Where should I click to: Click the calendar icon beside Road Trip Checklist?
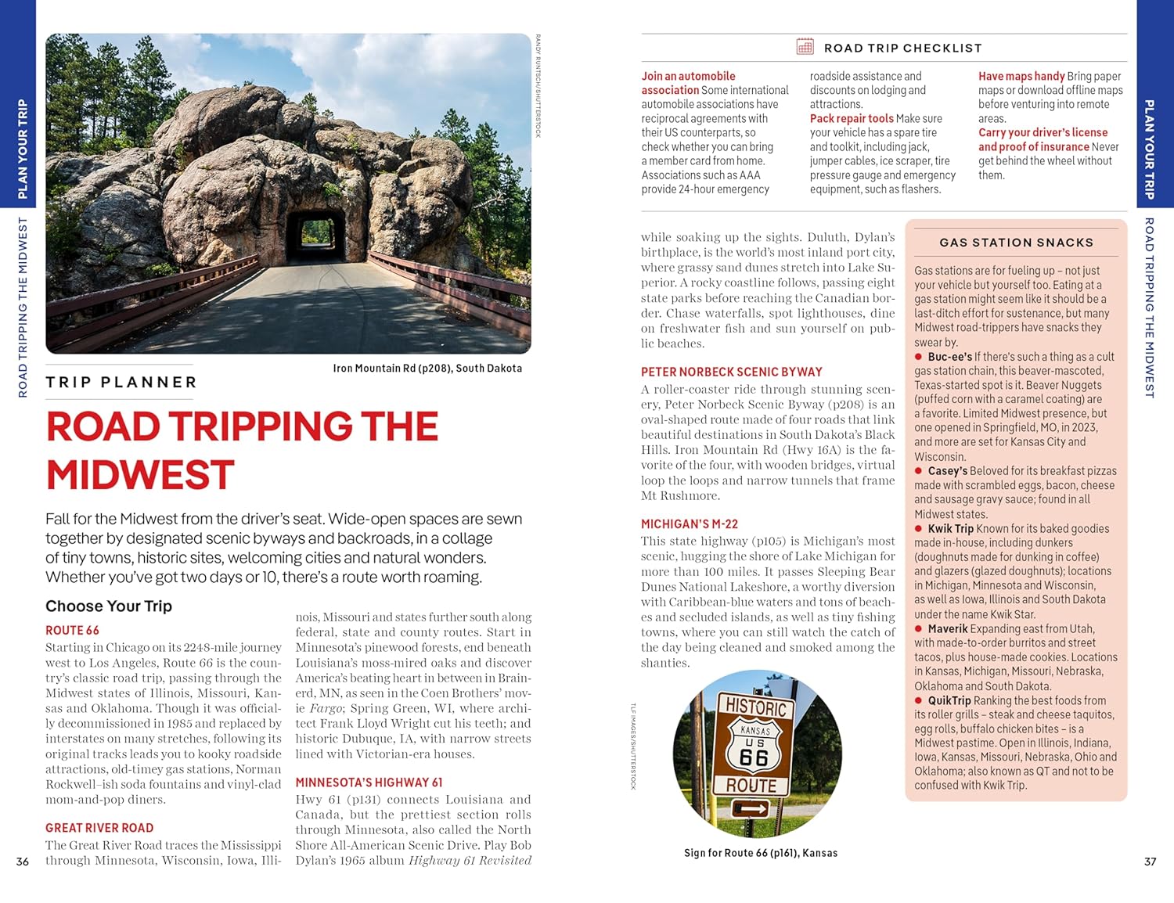pos(805,47)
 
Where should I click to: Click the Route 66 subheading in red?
pos(72,631)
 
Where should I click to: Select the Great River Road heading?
pos(99,828)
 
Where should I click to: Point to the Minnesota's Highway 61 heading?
pos(369,782)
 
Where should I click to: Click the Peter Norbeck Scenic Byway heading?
pos(731,372)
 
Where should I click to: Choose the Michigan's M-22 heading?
pos(689,524)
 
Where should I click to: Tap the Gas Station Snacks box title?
pos(1016,243)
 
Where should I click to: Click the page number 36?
pos(23,862)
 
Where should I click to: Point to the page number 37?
pos(1150,862)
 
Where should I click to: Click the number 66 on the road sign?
pos(754,757)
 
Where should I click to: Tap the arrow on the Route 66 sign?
pos(750,808)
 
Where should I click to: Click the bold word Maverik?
pos(947,629)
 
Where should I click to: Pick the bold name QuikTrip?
pos(949,701)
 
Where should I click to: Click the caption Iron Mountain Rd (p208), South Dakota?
pos(427,369)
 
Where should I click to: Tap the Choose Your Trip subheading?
pos(109,606)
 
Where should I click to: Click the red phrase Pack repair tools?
pos(851,119)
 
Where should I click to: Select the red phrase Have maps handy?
pos(1021,77)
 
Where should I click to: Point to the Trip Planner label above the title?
pos(121,383)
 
